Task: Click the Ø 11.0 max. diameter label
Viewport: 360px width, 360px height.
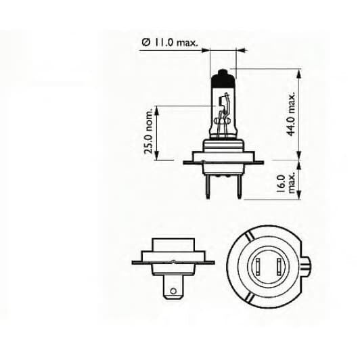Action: (x=170, y=43)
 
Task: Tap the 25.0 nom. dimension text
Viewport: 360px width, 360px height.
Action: (x=149, y=135)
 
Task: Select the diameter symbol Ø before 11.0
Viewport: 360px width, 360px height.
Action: (x=146, y=43)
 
